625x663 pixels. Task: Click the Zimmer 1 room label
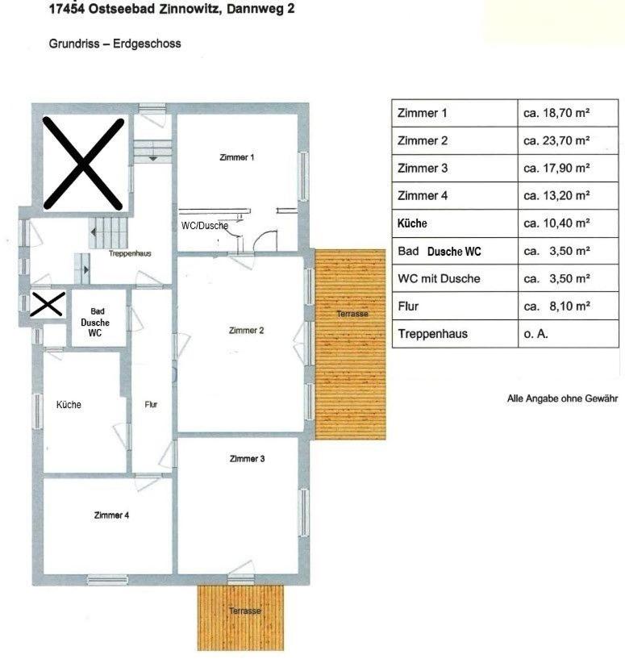pos(237,157)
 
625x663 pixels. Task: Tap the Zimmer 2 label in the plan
pos(246,330)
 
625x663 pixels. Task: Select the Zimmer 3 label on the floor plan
pos(247,458)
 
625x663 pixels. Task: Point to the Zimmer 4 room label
pos(111,515)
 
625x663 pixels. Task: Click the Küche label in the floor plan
pos(69,405)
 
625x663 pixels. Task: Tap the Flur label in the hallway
pos(151,405)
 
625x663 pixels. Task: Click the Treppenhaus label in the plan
pos(130,253)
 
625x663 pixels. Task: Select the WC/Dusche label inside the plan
pos(205,225)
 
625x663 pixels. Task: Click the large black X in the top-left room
pos(83,164)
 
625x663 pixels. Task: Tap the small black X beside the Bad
pos(48,304)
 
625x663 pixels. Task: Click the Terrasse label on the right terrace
pos(352,314)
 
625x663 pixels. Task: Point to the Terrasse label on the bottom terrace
pos(245,611)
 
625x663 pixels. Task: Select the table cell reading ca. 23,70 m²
pos(556,140)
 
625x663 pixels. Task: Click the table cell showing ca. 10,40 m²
pos(556,223)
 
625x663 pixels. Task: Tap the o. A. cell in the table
pos(535,334)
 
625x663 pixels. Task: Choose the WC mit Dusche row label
pos(439,278)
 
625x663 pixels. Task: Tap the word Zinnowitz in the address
pos(189,9)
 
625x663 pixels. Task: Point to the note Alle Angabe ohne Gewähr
pos(562,398)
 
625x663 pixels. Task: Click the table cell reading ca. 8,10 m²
pos(556,306)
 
